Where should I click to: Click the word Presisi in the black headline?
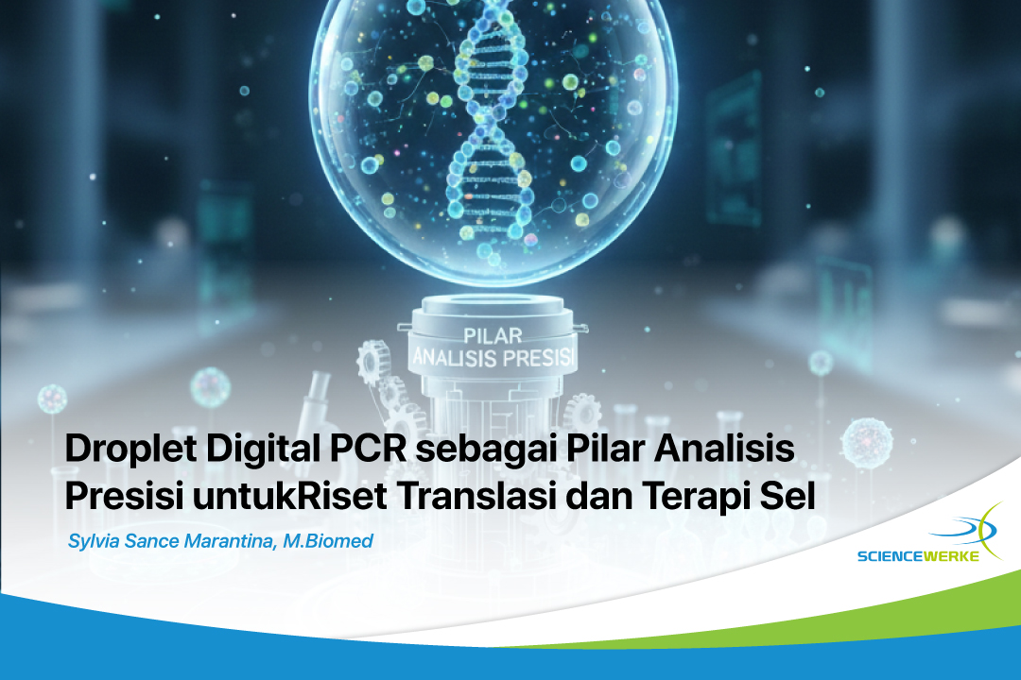pyautogui.click(x=122, y=496)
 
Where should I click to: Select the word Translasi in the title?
pyautogui.click(x=476, y=496)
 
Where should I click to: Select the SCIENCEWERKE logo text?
pyautogui.click(x=918, y=556)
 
